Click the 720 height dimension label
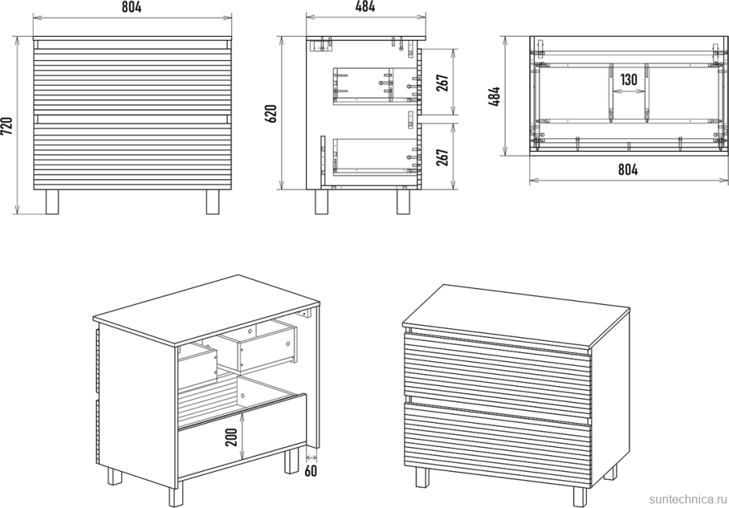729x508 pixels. pyautogui.click(x=8, y=126)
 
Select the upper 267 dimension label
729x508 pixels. pyautogui.click(x=443, y=83)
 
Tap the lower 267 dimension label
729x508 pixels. pyautogui.click(x=443, y=157)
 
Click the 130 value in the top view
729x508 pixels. pyautogui.click(x=628, y=80)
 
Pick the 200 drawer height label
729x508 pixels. pyautogui.click(x=233, y=437)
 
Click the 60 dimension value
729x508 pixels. pyautogui.click(x=310, y=471)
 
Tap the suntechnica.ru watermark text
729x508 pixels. pyautogui.click(x=688, y=499)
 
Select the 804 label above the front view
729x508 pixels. pyautogui.click(x=132, y=7)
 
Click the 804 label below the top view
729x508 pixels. pyautogui.click(x=628, y=170)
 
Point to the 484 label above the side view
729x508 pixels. pyautogui.click(x=365, y=7)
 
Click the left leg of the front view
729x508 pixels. pyautogui.click(x=52, y=202)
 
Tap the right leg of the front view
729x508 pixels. pyautogui.click(x=213, y=202)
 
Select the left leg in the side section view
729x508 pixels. pyautogui.click(x=321, y=202)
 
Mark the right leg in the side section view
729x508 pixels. pyautogui.click(x=403, y=202)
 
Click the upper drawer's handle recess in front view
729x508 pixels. pyautogui.click(x=132, y=44)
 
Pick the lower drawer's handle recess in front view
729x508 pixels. pyautogui.click(x=132, y=119)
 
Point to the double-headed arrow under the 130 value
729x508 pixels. pyautogui.click(x=628, y=92)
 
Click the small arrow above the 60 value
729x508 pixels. pyautogui.click(x=311, y=459)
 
